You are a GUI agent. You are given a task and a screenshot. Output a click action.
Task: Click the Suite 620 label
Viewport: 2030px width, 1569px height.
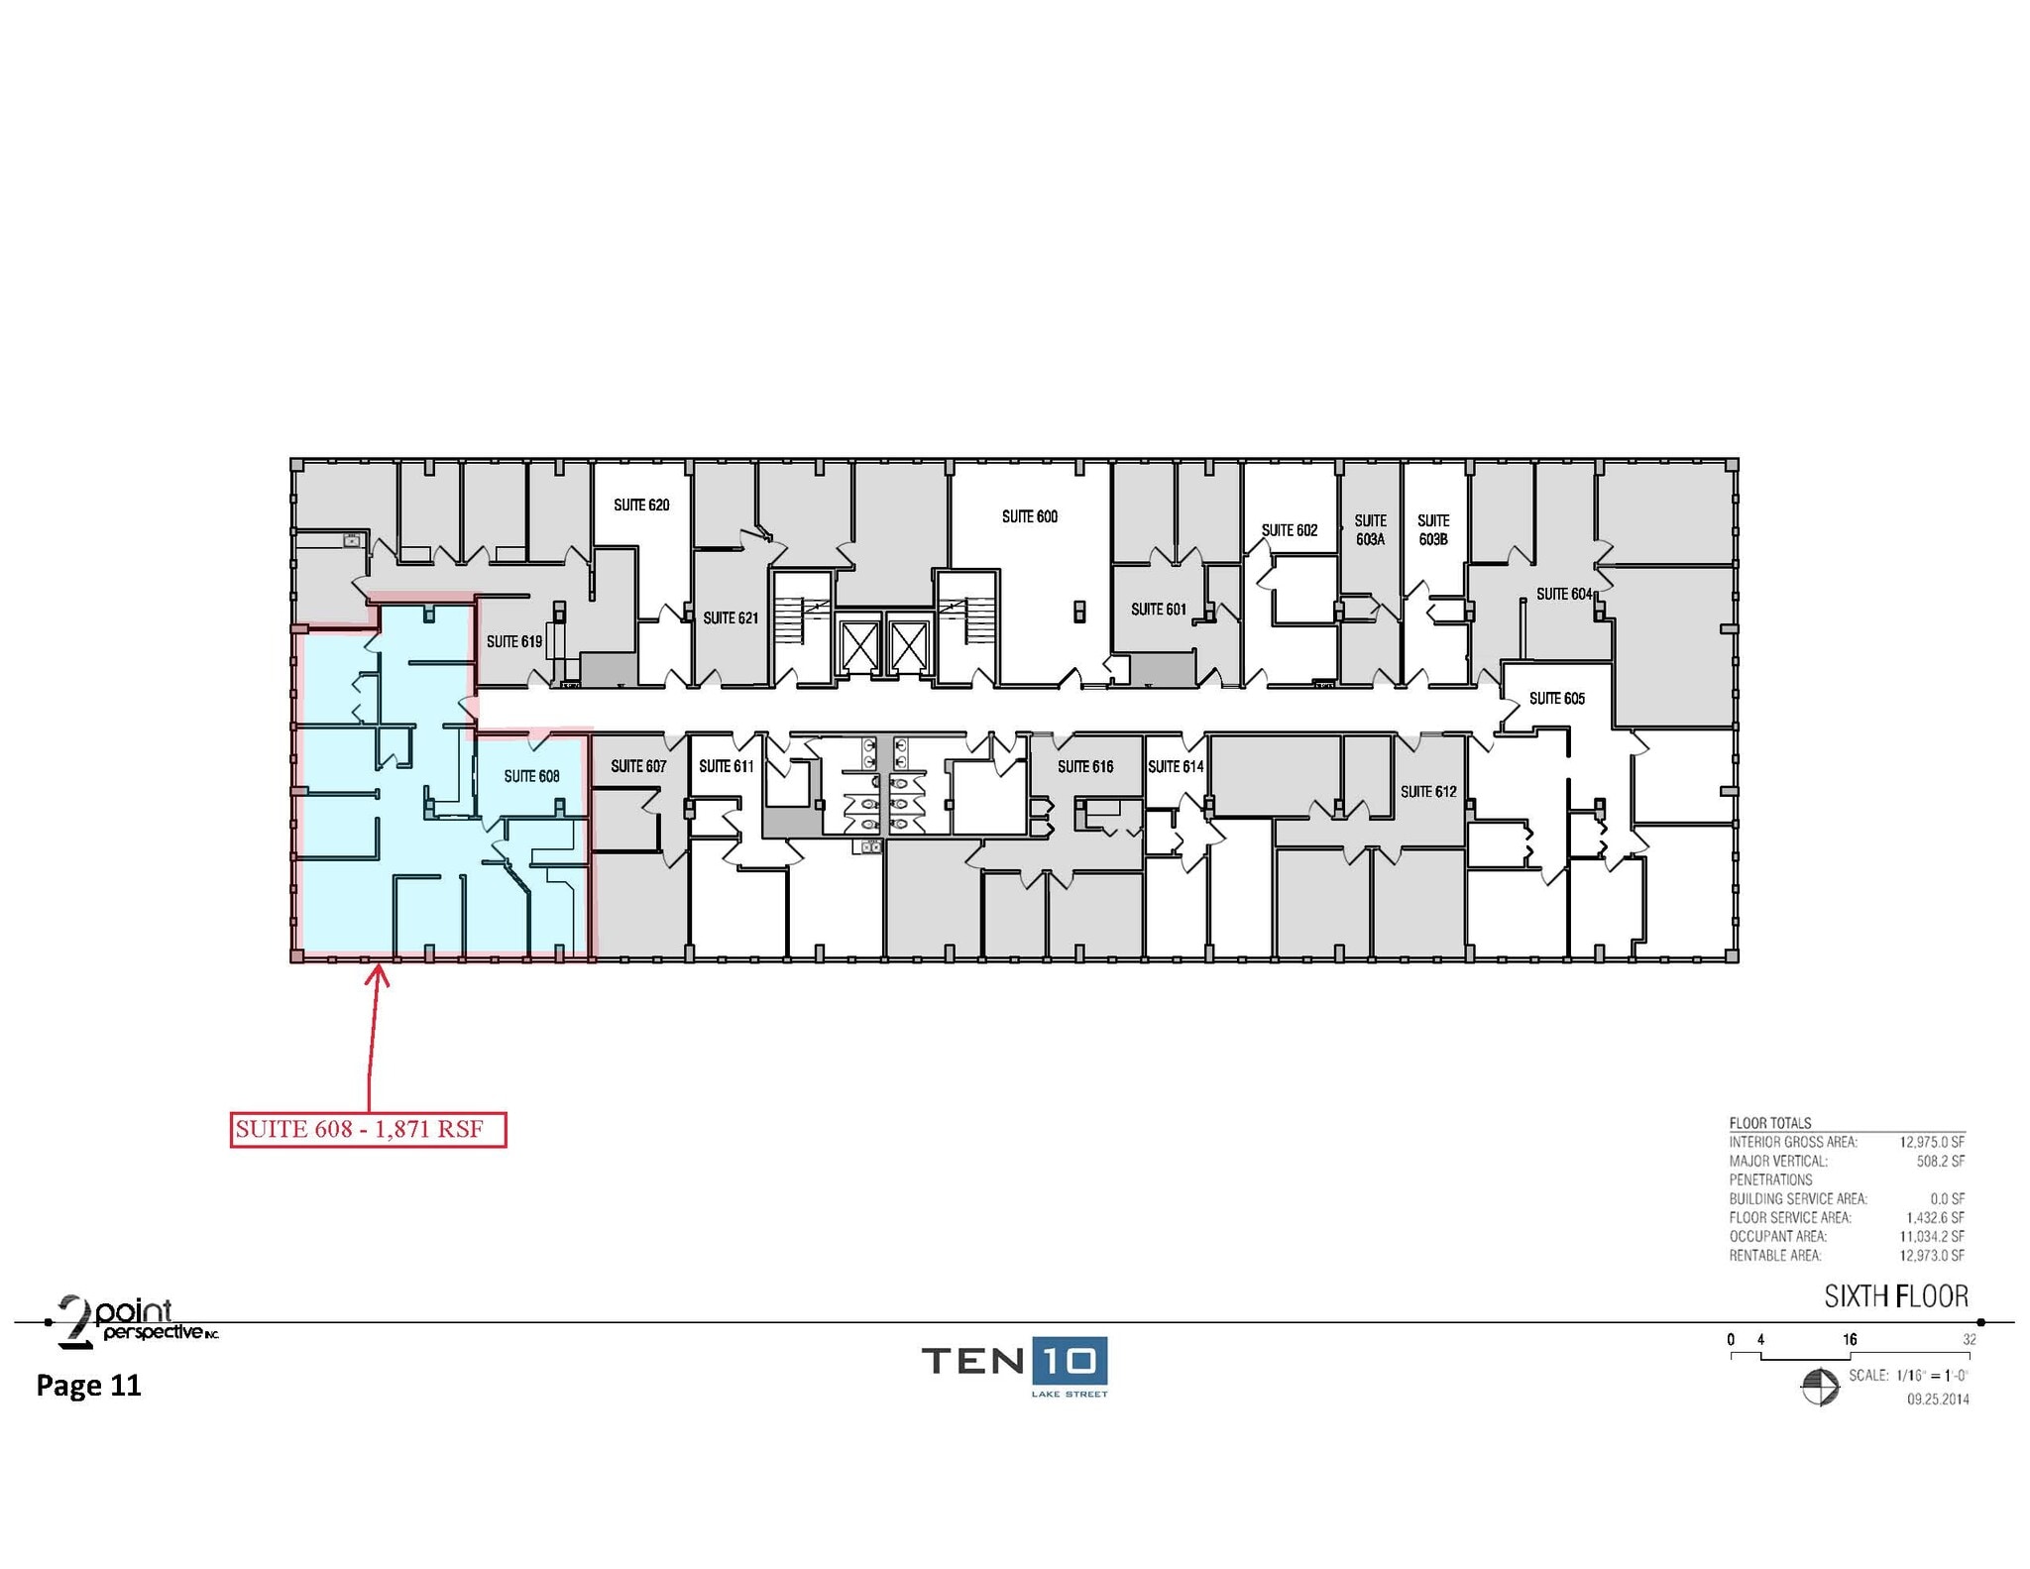point(641,505)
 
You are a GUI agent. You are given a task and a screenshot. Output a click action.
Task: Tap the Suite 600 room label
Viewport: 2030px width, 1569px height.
point(1030,516)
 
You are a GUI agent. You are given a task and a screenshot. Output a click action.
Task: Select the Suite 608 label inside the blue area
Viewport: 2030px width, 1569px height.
point(531,776)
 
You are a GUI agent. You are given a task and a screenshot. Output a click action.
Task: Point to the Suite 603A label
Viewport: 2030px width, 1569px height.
point(1370,529)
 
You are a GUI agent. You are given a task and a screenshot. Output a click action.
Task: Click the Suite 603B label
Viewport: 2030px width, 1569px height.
point(1433,529)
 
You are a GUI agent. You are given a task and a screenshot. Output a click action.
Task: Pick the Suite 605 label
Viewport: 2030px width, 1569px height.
point(1556,699)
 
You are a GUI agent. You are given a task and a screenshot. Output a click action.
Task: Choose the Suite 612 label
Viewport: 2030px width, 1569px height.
point(1428,792)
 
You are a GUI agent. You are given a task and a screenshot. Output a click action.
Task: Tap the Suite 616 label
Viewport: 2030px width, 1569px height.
point(1085,766)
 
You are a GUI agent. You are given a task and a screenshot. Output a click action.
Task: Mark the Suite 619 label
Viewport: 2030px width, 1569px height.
point(514,642)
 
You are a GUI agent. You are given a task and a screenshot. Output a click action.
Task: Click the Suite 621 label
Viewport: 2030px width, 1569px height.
point(731,618)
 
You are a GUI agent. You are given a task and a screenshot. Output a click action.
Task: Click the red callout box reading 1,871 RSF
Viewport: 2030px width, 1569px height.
point(369,1129)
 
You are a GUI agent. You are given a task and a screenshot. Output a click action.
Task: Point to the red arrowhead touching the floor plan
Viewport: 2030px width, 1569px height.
point(377,976)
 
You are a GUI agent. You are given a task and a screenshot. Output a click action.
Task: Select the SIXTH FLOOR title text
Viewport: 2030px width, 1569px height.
point(1896,1295)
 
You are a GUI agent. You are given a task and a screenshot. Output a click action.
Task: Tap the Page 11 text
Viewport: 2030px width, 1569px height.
point(89,1385)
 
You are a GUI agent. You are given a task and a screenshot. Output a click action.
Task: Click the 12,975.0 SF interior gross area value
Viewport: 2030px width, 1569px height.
point(1932,1142)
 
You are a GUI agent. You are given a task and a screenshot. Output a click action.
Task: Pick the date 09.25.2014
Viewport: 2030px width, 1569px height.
point(1938,1400)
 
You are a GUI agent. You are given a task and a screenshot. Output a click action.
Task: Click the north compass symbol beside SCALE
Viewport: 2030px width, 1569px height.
point(1819,1386)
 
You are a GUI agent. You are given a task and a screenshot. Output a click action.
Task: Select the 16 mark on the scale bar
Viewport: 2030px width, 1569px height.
point(1850,1340)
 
